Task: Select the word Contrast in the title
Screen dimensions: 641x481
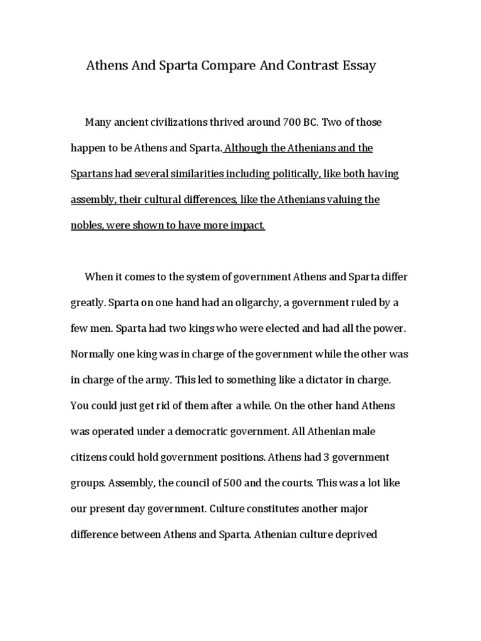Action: coord(303,65)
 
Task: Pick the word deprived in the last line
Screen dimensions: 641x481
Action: coord(354,535)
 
